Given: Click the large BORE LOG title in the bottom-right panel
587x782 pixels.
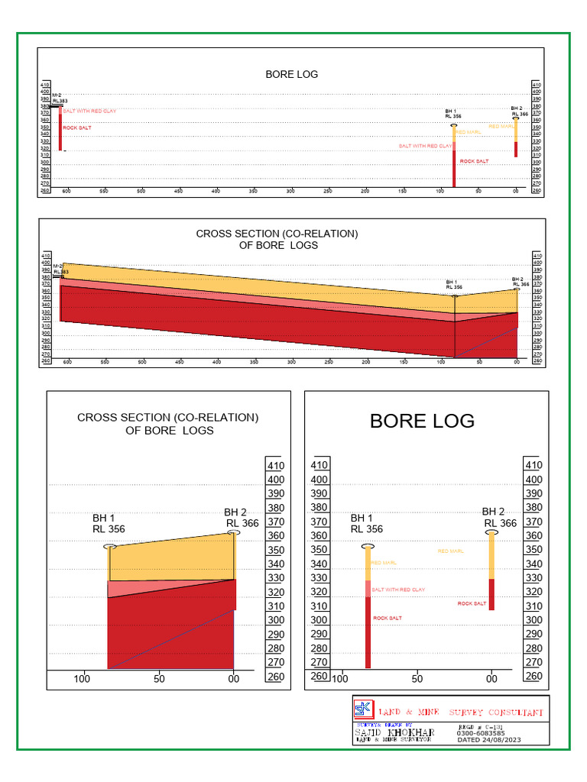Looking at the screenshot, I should click(422, 421).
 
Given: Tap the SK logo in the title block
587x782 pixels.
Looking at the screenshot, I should click(362, 709).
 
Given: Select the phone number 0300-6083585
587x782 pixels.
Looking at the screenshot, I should click(480, 733).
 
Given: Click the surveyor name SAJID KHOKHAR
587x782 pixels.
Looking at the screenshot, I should click(394, 733).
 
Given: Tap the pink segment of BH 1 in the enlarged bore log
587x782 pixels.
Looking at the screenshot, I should click(368, 589).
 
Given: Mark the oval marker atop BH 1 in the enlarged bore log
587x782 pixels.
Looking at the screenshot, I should click(368, 547).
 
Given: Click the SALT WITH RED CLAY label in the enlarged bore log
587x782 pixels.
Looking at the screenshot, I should click(397, 590).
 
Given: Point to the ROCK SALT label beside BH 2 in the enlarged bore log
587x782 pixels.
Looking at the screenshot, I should click(472, 603).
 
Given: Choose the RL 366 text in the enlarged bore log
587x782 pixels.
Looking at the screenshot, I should click(500, 523).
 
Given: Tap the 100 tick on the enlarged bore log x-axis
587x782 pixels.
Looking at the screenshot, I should click(339, 678).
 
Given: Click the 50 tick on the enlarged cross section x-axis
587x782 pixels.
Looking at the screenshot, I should click(158, 678).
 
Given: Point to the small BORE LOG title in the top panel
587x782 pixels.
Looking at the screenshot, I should click(291, 74).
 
